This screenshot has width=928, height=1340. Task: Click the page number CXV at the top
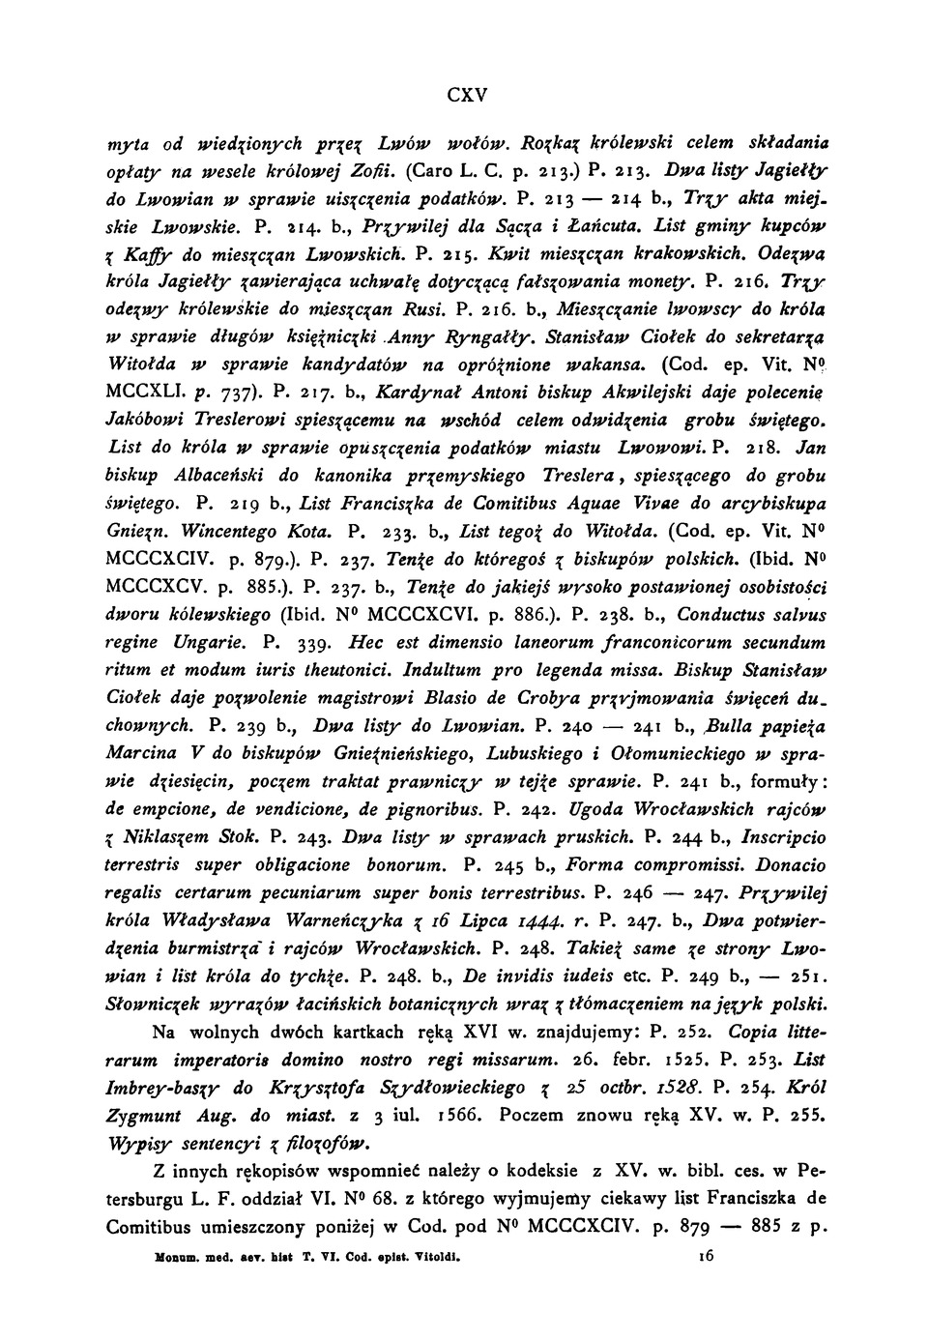(468, 96)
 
